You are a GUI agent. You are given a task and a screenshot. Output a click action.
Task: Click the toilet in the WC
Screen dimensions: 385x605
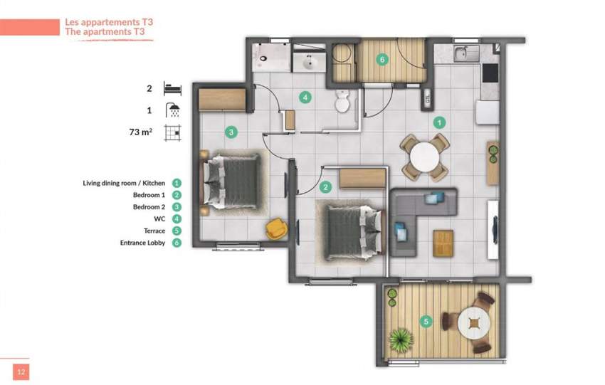coord(342,101)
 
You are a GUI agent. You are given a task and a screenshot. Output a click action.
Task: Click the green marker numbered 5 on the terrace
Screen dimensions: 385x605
coord(426,321)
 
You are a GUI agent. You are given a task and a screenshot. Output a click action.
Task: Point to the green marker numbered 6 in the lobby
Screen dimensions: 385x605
coord(382,59)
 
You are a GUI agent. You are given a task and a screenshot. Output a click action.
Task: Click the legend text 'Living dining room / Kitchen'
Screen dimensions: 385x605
coord(123,183)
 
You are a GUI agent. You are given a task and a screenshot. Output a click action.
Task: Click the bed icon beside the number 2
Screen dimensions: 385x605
coord(172,89)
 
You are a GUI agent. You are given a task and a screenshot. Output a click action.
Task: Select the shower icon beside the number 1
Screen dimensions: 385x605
coord(172,110)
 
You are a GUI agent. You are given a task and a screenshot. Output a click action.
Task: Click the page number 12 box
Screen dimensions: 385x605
coord(21,371)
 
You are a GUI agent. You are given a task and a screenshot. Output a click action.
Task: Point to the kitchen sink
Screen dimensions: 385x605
coord(461,53)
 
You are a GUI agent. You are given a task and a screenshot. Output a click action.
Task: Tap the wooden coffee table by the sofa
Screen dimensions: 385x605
coord(443,242)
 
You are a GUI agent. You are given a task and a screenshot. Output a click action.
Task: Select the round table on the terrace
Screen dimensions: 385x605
coord(473,324)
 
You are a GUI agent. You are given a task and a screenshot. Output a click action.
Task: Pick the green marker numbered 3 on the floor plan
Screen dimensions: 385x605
coord(231,132)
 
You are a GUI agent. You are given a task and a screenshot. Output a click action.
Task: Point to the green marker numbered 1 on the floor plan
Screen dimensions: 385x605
coord(440,122)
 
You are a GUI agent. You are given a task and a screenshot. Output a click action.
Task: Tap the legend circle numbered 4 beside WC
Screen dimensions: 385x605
coord(177,219)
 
